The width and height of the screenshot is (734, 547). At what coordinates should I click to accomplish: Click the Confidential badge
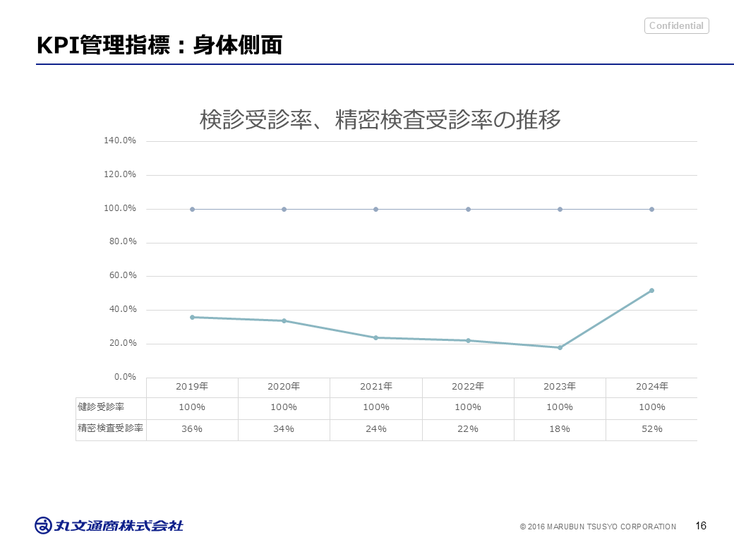[x=676, y=26]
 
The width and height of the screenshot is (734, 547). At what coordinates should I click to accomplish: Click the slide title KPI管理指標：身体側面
[x=160, y=46]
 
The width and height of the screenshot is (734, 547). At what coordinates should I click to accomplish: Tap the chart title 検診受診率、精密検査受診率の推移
[x=380, y=120]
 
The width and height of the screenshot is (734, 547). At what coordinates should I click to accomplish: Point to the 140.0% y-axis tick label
[x=120, y=141]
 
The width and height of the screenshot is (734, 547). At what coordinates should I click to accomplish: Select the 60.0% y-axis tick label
[x=122, y=276]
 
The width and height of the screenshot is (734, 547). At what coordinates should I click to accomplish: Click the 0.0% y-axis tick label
[x=125, y=377]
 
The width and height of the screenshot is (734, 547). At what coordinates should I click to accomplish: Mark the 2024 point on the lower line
[x=651, y=290]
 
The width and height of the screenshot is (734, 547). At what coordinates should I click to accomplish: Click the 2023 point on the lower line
[x=560, y=347]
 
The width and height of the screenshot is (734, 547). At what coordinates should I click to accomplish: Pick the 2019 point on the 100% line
[x=192, y=209]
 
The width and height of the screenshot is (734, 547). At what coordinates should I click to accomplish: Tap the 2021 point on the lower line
[x=375, y=337]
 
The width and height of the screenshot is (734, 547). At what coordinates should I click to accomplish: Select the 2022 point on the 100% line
[x=468, y=209]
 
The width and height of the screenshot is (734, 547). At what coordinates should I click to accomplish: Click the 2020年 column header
[x=284, y=387]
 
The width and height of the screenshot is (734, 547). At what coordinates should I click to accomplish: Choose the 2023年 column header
[x=560, y=387]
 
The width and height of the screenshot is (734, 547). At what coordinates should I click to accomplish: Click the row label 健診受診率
[x=101, y=407]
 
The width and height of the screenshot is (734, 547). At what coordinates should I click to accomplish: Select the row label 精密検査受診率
[x=111, y=428]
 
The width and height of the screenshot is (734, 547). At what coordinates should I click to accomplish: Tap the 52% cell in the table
[x=651, y=429]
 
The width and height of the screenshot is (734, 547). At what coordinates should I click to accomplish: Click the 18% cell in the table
[x=560, y=429]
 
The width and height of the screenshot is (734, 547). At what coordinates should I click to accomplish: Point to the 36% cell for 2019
[x=192, y=429]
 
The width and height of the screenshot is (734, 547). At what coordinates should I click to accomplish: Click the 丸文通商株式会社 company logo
[x=109, y=525]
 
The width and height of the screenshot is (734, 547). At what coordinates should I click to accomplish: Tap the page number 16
[x=701, y=526]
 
